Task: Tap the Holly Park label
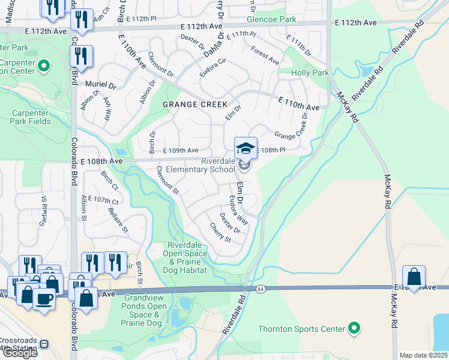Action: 310,73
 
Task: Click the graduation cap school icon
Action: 246,148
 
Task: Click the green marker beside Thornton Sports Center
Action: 354,328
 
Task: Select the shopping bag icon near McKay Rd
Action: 414,277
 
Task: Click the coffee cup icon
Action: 44,298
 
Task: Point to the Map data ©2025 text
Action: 424,355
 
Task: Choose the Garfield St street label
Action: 44,214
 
